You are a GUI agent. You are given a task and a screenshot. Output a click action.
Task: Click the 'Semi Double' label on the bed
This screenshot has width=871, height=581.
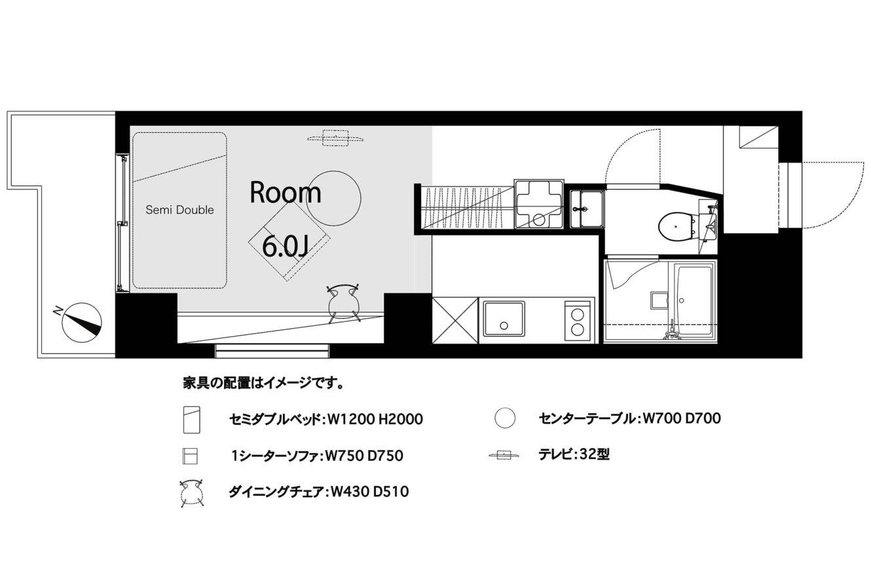pos(179,210)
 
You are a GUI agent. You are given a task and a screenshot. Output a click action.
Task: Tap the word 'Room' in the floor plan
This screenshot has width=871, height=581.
pos(286,193)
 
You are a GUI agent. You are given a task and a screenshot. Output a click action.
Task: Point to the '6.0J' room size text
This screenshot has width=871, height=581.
pos(286,246)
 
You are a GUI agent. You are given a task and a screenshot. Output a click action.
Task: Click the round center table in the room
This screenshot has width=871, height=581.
pos(333,198)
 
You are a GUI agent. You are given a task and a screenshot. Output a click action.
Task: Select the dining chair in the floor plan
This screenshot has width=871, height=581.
pos(343,303)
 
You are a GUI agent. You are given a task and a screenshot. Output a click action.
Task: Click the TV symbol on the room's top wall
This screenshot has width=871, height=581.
pos(335,138)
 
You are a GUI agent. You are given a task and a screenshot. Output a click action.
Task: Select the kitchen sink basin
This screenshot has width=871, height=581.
pos(504,319)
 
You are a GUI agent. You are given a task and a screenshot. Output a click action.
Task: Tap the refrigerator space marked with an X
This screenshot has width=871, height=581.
pos(455,320)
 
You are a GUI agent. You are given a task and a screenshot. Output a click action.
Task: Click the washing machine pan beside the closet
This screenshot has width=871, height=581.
pos(539,204)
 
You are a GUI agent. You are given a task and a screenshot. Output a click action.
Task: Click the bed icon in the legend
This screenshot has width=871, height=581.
pos(192,420)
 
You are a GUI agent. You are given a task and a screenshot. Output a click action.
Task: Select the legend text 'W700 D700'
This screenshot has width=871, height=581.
pos(682,419)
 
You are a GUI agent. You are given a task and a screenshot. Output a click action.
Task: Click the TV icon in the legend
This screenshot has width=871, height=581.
pos(504,455)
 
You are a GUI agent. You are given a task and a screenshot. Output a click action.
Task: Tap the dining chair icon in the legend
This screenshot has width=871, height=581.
pos(192,493)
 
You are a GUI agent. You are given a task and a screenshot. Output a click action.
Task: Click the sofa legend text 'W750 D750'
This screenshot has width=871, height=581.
pos(364,455)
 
